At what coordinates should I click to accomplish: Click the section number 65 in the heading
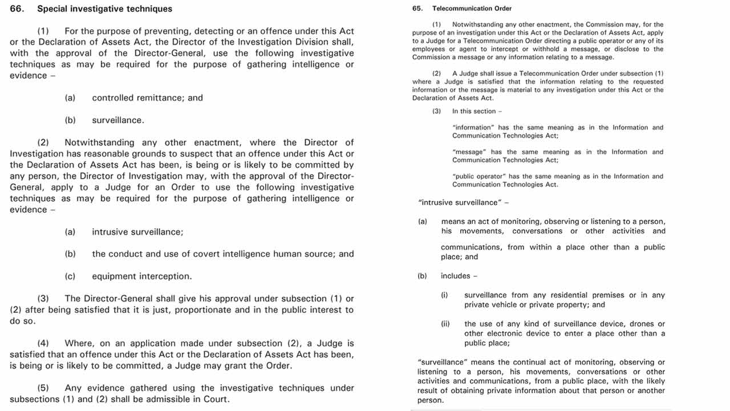click(x=417, y=9)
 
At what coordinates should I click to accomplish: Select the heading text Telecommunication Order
click(x=472, y=9)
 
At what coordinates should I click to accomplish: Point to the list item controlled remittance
click(x=147, y=98)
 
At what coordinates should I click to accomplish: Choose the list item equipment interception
click(x=141, y=276)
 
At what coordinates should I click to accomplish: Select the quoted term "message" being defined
click(x=469, y=152)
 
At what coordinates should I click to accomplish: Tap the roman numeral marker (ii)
click(x=445, y=324)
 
